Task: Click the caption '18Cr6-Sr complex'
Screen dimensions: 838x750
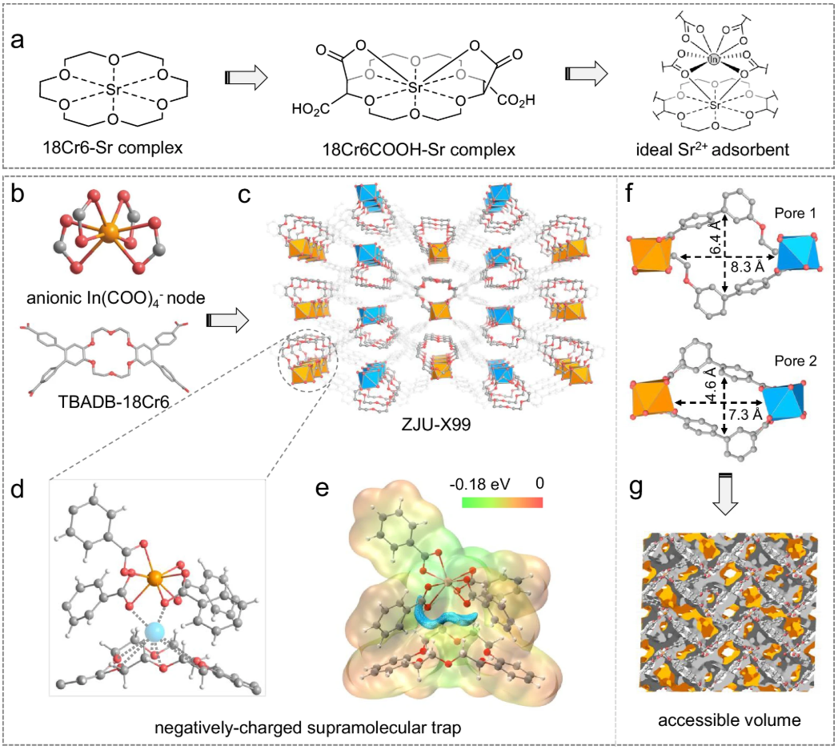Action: click(x=113, y=147)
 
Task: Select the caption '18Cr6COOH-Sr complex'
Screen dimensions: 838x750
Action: click(x=419, y=149)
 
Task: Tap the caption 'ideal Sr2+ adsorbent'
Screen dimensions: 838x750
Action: click(x=712, y=149)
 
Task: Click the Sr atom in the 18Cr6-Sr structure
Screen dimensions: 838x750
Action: click(x=114, y=89)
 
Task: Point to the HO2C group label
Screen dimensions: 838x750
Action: click(x=310, y=110)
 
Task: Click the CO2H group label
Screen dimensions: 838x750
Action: click(x=515, y=100)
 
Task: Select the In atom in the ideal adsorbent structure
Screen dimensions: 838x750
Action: click(x=713, y=60)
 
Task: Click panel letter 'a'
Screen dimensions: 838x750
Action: click(x=17, y=40)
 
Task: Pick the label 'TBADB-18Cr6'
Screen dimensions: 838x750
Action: click(x=114, y=401)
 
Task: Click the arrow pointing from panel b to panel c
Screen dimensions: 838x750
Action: click(x=227, y=321)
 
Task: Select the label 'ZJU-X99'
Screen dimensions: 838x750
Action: click(x=436, y=424)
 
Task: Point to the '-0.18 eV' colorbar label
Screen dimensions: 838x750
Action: click(x=479, y=484)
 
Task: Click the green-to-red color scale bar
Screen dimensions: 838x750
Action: click(x=503, y=502)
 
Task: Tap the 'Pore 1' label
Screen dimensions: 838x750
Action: click(x=796, y=213)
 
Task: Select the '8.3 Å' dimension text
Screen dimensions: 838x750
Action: click(x=747, y=266)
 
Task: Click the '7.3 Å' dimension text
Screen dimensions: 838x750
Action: click(x=745, y=414)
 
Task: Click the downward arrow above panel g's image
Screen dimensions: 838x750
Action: click(x=725, y=495)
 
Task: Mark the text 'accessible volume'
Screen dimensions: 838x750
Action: click(x=729, y=720)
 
